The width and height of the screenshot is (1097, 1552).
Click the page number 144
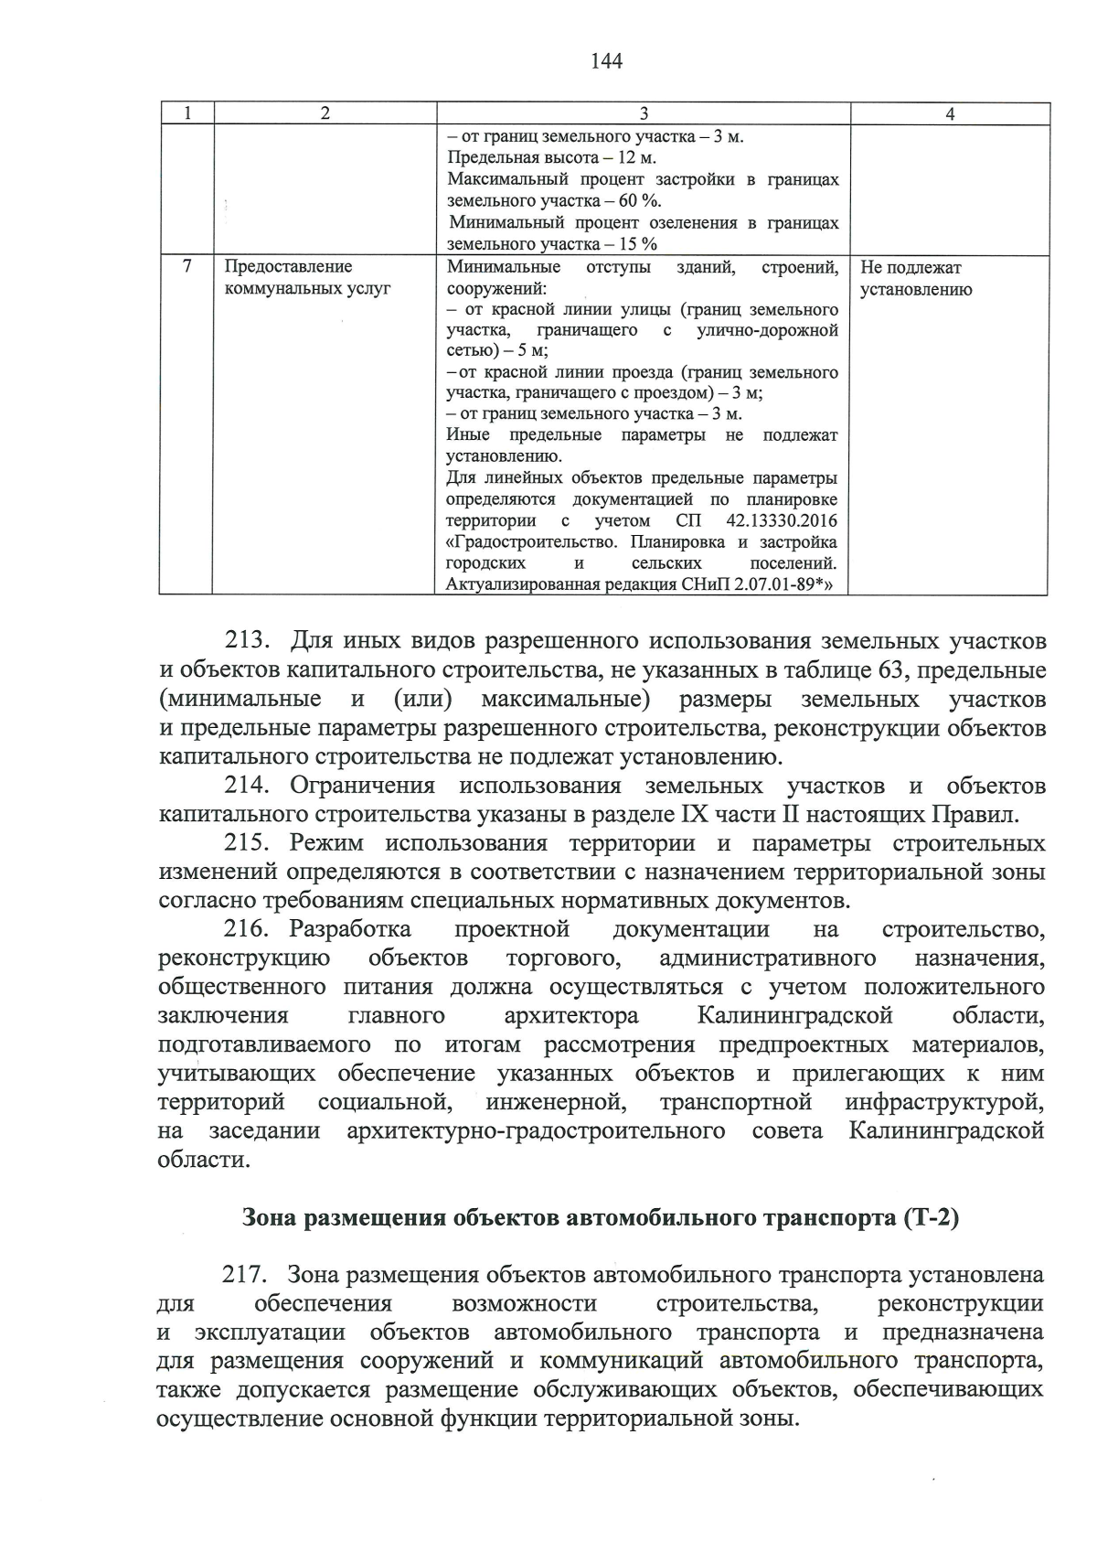[606, 61]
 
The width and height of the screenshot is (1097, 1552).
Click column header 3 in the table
[643, 114]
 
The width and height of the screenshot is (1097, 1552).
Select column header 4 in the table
[950, 114]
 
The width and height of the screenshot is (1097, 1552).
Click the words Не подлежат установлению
[916, 279]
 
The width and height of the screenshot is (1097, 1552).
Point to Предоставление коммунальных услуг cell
[307, 277]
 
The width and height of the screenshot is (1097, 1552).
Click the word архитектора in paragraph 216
[571, 1016]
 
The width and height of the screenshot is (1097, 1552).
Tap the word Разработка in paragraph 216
[349, 929]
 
